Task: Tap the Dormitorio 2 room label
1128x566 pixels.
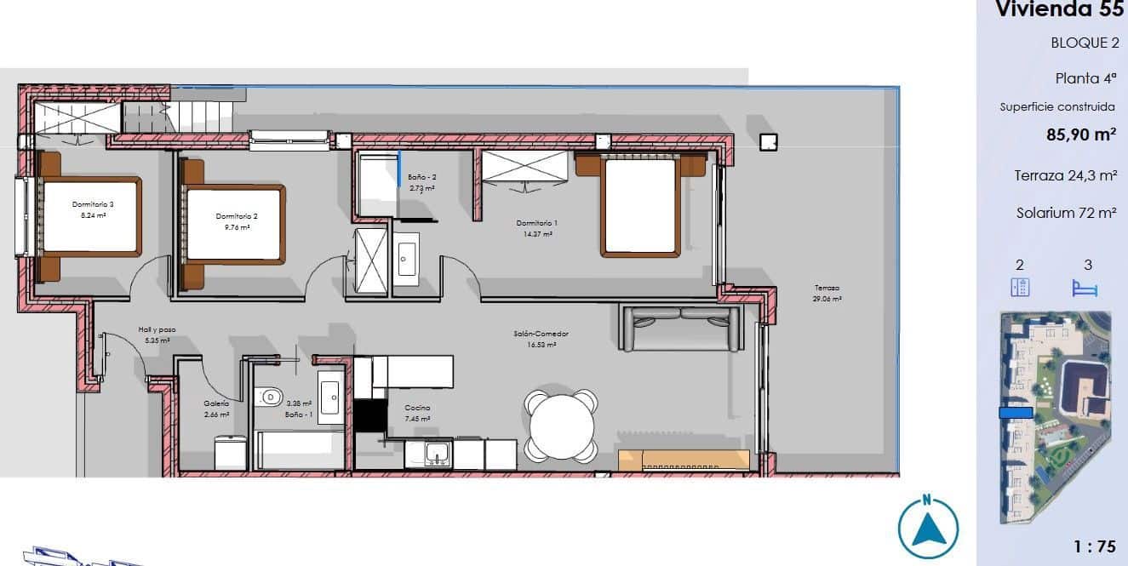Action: coord(236,216)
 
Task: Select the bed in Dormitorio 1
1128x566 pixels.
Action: coord(639,206)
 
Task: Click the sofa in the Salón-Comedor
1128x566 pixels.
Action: coord(681,329)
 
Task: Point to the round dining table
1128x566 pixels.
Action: coord(562,425)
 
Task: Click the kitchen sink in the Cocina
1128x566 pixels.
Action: coord(438,453)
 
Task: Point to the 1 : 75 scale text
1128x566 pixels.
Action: coord(1094,546)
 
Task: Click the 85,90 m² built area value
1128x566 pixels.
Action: coord(1081,134)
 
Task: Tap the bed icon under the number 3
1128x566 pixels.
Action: coord(1085,288)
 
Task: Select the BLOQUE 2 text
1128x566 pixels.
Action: coord(1085,43)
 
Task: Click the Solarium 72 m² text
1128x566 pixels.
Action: coord(1066,214)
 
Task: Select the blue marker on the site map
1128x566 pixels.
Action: coord(1016,413)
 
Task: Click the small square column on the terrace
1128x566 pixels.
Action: coord(768,142)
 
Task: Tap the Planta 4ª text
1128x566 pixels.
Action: coord(1085,78)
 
